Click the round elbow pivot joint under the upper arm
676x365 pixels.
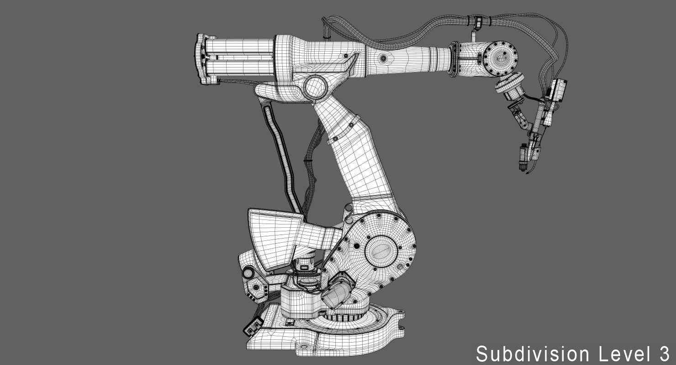(x=315, y=88)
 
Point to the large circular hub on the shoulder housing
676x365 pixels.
(x=381, y=251)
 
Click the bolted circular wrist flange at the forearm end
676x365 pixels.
(x=500, y=58)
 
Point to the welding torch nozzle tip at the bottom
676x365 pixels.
(x=522, y=164)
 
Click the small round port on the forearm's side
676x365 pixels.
(x=383, y=58)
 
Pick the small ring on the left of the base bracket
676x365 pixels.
(x=248, y=273)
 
